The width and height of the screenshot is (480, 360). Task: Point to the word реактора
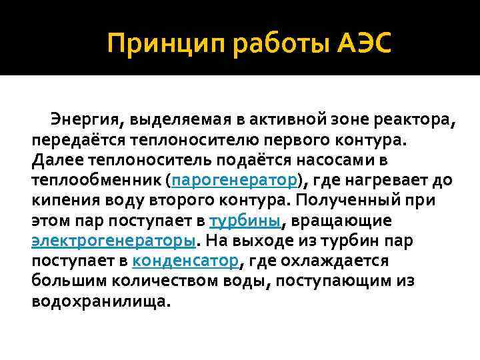click(x=413, y=121)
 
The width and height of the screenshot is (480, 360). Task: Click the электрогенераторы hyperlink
click(x=113, y=241)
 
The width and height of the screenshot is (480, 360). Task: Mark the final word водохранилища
click(x=100, y=301)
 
